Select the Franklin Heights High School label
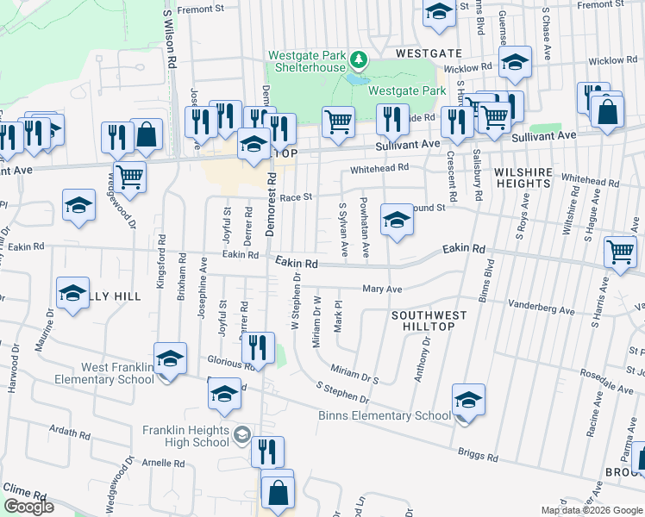[187, 436]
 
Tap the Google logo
[28, 507]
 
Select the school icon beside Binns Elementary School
[468, 402]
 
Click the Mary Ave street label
[382, 290]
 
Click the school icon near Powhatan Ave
[397, 221]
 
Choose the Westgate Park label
[407, 90]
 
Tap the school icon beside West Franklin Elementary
[170, 360]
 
